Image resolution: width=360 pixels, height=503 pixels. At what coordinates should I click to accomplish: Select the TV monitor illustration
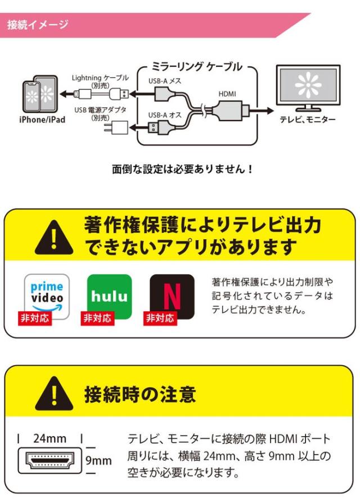[307, 87]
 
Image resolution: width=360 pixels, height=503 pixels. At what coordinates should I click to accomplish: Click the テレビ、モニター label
[308, 120]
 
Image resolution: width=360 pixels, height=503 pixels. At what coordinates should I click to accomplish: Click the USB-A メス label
[164, 81]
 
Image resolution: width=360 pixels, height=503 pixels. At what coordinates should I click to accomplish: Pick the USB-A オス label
[164, 116]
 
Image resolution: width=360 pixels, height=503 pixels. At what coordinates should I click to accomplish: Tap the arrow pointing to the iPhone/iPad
[67, 93]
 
